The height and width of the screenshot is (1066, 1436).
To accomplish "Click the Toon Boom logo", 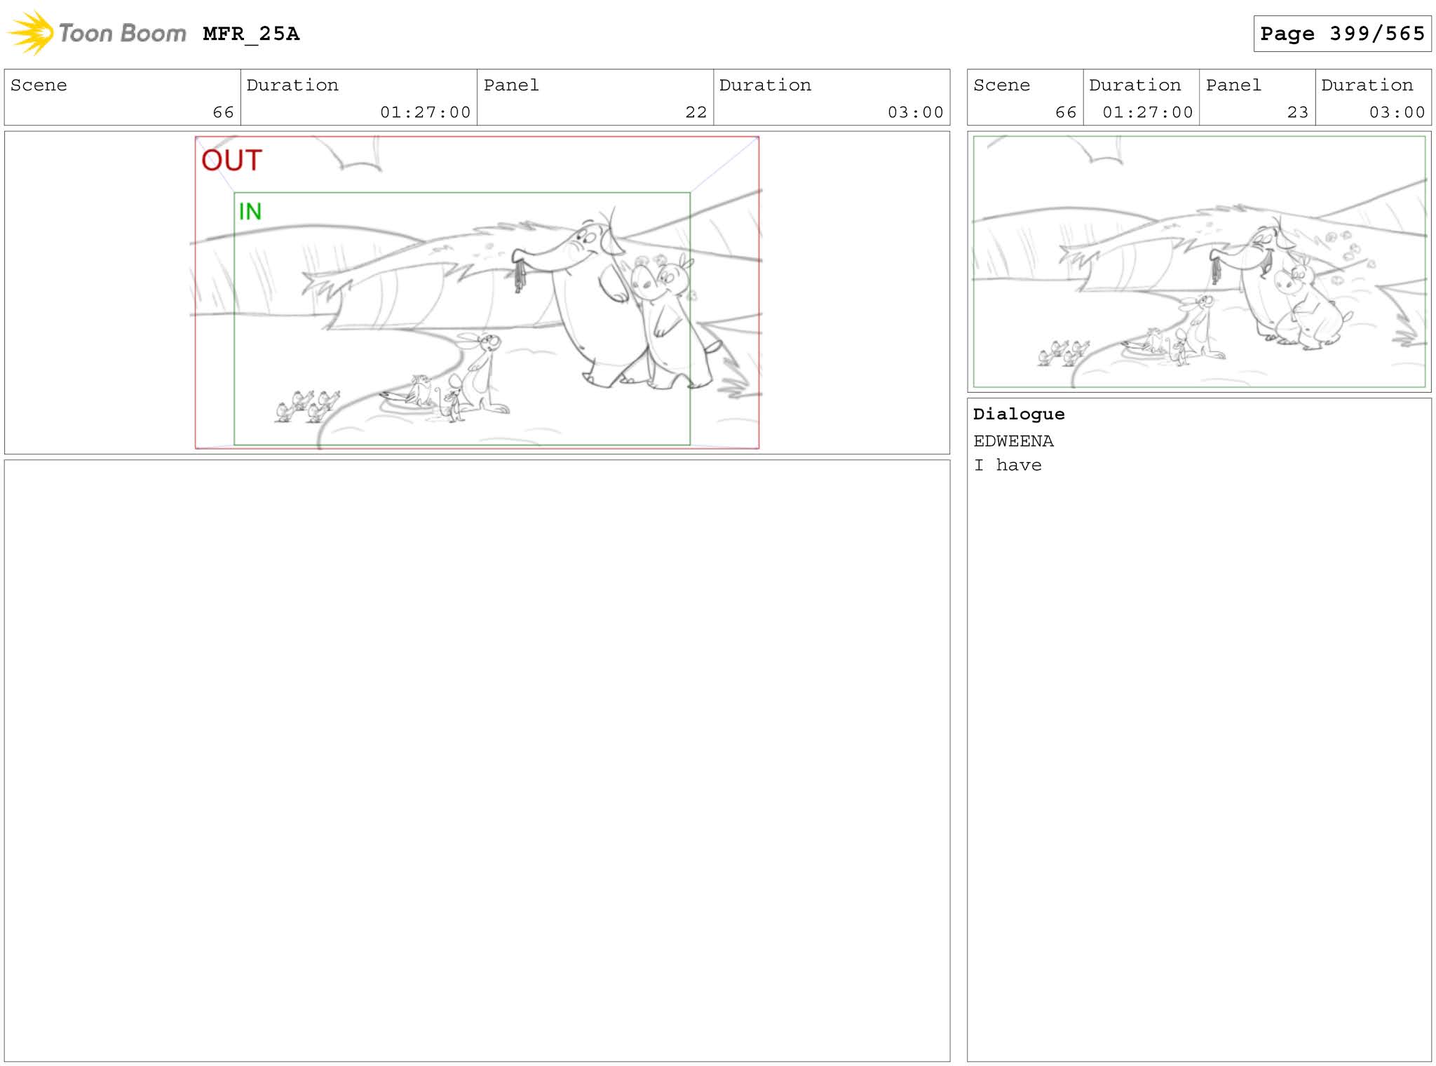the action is coord(97,33).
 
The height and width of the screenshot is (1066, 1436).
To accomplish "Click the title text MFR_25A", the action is coord(251,34).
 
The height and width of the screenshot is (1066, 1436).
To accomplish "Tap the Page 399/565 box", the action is coord(1342,34).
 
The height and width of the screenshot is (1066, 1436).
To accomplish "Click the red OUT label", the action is coord(231,161).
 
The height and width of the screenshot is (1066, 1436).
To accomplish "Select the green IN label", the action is coord(250,211).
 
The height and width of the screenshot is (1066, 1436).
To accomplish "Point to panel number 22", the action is coord(696,112).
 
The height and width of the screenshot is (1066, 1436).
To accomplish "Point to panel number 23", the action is coord(1297,112).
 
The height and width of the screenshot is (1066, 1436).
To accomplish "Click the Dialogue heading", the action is coord(1019,414).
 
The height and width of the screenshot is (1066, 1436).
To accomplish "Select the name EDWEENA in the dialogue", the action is coord(1013,441).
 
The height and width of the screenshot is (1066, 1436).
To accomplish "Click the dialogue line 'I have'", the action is coord(1008,465).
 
